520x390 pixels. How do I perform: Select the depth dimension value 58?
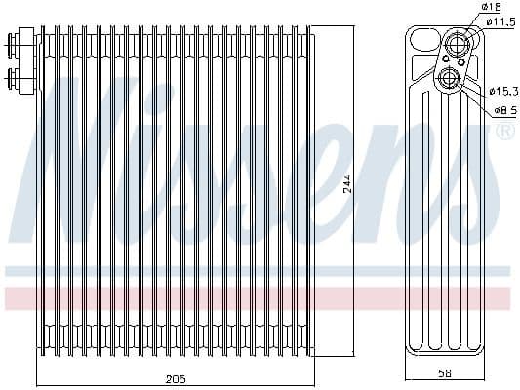444,372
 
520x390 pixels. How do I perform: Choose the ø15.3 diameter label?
503,90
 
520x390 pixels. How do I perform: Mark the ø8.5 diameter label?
504,109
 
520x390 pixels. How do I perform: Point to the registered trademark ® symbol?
504,132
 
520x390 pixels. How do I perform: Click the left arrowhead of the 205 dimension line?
39,383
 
